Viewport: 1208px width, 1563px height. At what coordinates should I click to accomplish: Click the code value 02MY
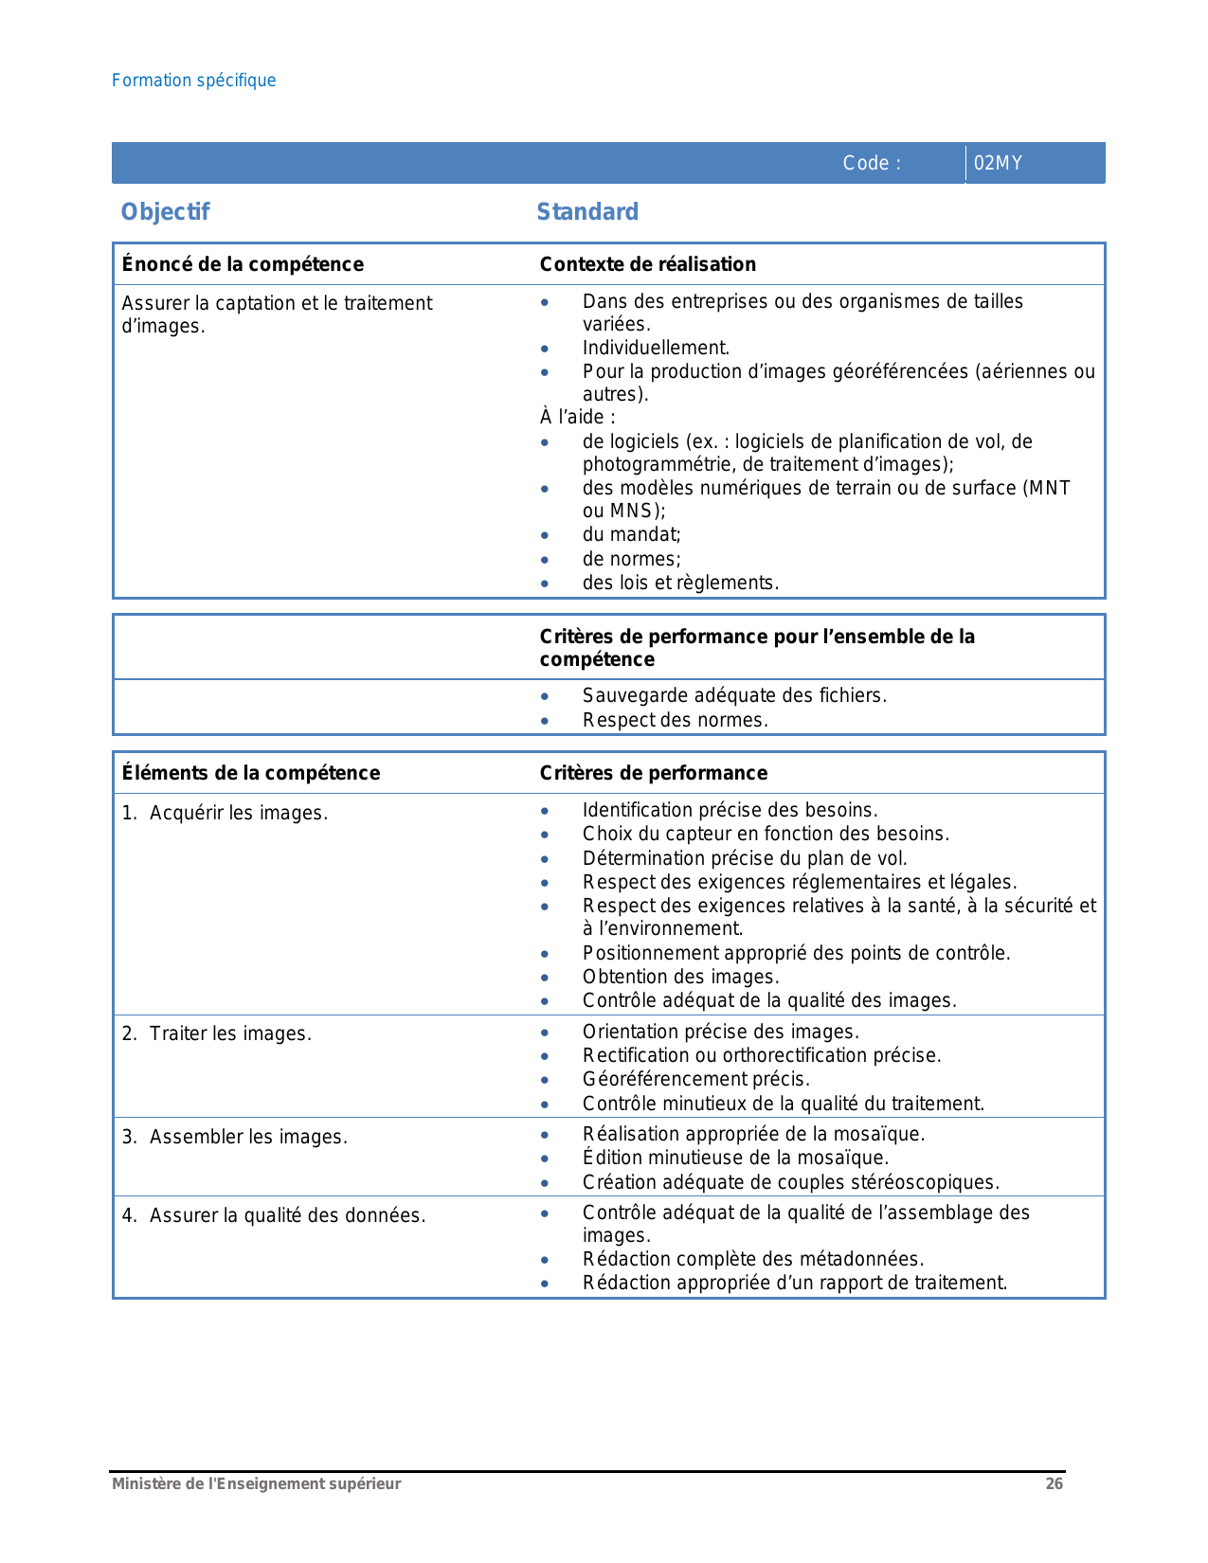pos(998,163)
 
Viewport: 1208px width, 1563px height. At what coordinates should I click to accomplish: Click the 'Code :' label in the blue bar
pos(871,163)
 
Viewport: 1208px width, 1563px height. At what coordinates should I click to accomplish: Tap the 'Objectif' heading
pos(165,211)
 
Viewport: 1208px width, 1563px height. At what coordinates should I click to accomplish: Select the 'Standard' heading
pos(587,211)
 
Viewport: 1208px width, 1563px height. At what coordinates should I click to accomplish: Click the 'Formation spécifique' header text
pos(193,81)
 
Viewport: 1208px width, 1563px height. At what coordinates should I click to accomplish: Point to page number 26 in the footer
pos(1054,1483)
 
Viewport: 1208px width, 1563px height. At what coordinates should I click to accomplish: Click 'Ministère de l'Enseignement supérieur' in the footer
pos(256,1483)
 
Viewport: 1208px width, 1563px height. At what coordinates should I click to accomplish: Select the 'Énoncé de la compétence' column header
pos(243,264)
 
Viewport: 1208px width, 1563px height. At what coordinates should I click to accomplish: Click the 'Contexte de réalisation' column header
pos(648,264)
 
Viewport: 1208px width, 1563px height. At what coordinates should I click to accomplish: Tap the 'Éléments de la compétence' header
pos(251,773)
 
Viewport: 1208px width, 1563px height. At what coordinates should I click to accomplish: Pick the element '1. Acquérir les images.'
pos(225,813)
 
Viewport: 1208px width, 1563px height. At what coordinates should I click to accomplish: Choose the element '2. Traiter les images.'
pos(216,1033)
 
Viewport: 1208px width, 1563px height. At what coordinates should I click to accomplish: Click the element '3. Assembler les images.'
pos(234,1137)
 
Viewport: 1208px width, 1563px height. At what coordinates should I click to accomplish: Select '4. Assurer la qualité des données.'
pos(273,1215)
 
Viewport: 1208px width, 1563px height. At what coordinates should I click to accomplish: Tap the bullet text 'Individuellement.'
pos(656,348)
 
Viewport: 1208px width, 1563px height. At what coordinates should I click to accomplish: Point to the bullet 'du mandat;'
pos(631,534)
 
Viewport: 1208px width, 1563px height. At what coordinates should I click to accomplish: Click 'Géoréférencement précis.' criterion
pos(695,1079)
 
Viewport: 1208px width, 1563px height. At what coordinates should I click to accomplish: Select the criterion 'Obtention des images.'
pos(680,977)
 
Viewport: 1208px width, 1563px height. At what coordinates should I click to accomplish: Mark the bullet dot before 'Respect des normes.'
pos(545,721)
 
